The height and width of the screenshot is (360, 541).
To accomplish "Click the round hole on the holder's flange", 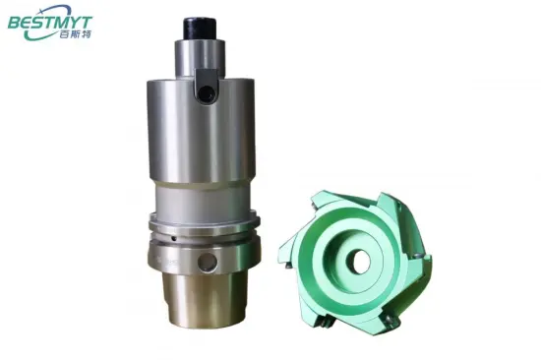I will pos(204,263).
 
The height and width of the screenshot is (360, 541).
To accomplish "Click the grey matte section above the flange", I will pos(204,198).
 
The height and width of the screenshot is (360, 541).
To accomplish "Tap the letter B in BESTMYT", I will pos(16,21).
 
